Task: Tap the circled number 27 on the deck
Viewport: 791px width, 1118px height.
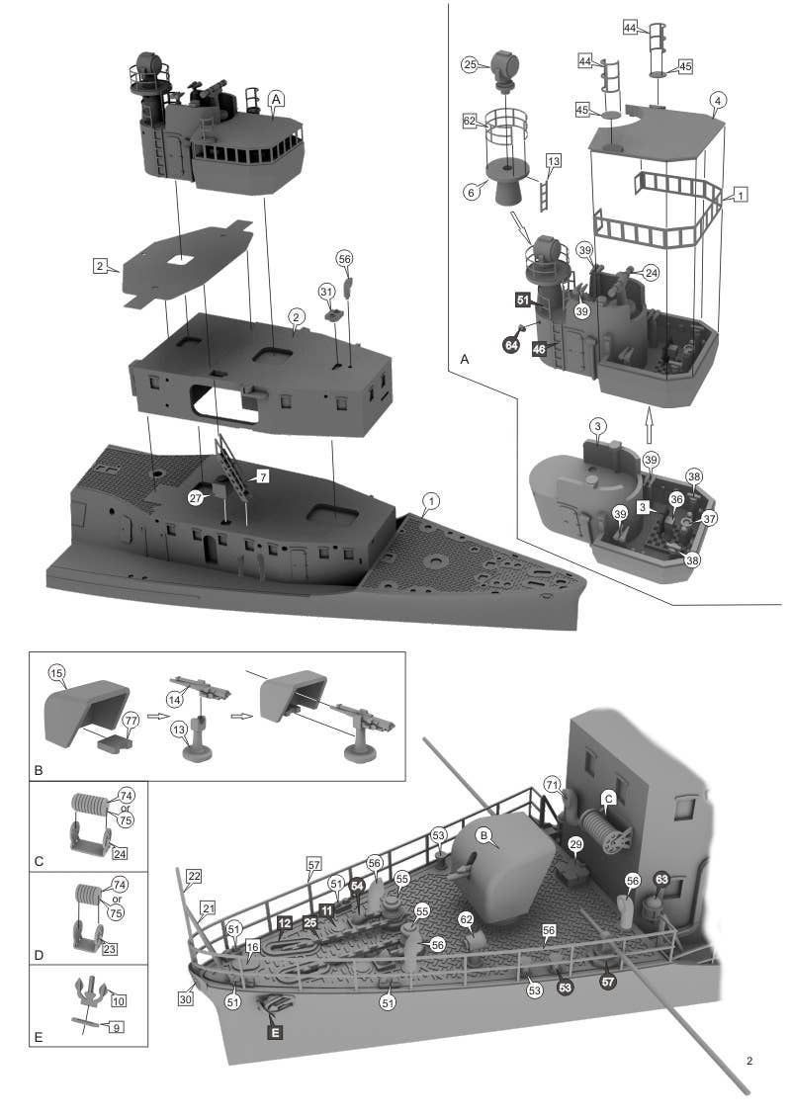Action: tap(198, 499)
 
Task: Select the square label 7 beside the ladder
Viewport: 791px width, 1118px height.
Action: tap(263, 476)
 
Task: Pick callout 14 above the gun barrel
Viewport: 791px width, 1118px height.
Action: tap(174, 698)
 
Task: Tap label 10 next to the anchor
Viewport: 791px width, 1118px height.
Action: tap(118, 1001)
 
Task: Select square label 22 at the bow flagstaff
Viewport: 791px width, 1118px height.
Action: tap(194, 877)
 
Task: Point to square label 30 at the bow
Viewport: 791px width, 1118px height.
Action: tap(185, 998)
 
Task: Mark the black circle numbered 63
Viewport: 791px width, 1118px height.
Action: tap(661, 879)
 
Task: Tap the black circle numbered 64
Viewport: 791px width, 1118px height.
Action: tap(511, 345)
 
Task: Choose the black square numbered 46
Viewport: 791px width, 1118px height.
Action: tap(540, 349)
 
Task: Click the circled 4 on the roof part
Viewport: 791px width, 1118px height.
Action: tap(719, 100)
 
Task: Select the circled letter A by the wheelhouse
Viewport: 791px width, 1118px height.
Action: tap(277, 98)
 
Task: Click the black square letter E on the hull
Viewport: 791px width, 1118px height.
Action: tap(275, 1032)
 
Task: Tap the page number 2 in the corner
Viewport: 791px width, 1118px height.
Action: tap(750, 1062)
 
